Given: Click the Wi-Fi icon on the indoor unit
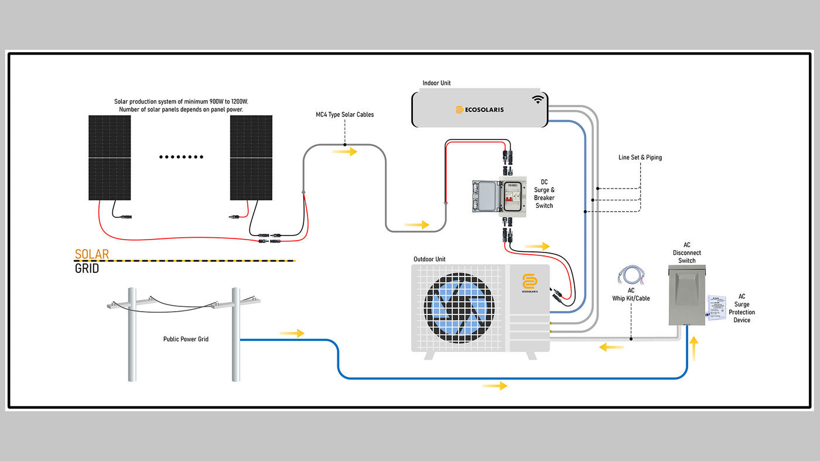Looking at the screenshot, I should click(x=538, y=100).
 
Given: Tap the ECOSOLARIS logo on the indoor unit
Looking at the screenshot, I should click(x=480, y=110).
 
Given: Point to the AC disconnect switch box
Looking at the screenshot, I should click(x=687, y=295).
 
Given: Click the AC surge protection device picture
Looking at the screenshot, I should click(x=716, y=308).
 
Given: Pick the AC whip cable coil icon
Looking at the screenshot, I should click(x=631, y=275).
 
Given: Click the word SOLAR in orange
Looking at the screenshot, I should click(x=92, y=254).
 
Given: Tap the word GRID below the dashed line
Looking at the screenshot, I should click(x=87, y=269).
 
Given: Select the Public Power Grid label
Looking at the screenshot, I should click(x=186, y=339).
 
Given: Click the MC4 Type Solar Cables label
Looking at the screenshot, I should click(x=344, y=115).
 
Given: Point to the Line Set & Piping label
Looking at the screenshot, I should click(x=640, y=158).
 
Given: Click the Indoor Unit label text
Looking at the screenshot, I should click(x=436, y=83).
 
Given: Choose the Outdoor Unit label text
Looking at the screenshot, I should click(x=429, y=259).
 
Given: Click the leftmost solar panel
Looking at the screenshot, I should click(x=110, y=157).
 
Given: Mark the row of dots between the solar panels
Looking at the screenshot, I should click(x=182, y=157).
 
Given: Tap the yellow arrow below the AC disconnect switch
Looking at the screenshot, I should click(x=695, y=350).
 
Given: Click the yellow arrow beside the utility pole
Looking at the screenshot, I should click(x=292, y=333).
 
